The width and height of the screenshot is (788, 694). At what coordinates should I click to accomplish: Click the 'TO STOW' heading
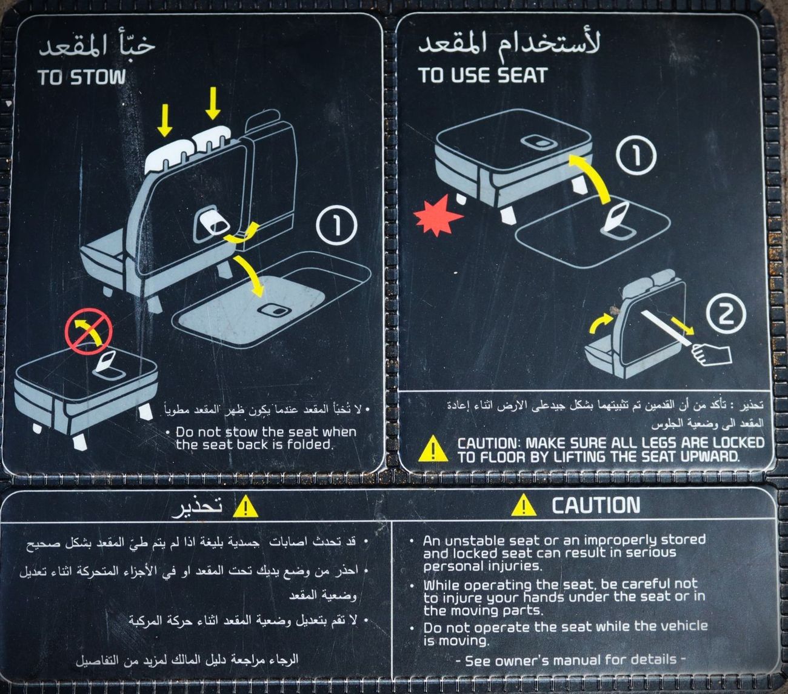point(82,77)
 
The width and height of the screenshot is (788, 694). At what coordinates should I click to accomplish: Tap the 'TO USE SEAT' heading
point(482,75)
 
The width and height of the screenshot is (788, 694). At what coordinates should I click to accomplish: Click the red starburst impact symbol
point(438,215)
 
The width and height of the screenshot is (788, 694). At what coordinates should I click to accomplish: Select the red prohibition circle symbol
point(89,332)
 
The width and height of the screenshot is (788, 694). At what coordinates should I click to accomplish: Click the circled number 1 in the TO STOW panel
point(336,225)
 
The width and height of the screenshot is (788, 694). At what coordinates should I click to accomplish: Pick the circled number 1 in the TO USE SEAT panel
point(636,155)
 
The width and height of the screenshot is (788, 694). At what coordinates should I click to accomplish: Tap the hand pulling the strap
point(711,355)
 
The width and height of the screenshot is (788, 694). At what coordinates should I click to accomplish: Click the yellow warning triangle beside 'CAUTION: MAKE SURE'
point(433,449)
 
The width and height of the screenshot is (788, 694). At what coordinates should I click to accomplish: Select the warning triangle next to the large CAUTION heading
point(524,505)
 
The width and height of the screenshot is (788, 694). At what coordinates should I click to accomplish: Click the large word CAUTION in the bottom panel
point(596,504)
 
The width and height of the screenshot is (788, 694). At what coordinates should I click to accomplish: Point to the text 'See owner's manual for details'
point(570,661)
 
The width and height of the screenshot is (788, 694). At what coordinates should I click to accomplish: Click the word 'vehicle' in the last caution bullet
point(683,627)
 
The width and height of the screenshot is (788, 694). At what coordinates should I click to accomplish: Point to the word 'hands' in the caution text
point(544,598)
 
